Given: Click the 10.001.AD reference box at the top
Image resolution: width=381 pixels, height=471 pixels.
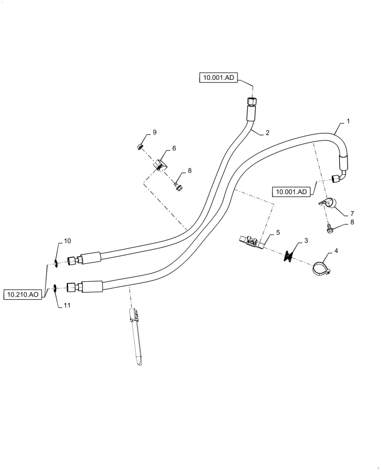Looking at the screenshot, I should [216, 78].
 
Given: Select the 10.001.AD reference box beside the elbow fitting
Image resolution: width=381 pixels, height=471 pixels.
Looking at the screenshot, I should [291, 192].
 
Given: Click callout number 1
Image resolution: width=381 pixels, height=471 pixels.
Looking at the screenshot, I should [348, 122].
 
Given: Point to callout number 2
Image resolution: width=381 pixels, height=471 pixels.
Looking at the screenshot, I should [267, 133].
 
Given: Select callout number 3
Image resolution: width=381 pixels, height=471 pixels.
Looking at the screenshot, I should [306, 241].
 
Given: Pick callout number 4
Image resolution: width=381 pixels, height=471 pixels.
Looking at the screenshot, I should [336, 252].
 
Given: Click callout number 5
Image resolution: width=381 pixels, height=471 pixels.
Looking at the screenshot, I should [278, 232].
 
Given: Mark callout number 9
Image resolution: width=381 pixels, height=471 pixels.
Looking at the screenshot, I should [154, 132].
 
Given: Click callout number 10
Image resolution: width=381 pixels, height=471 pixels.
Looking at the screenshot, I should [67, 241].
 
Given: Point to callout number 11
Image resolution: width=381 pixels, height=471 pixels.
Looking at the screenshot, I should [67, 305].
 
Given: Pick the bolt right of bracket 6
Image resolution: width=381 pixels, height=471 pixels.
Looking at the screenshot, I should [178, 187].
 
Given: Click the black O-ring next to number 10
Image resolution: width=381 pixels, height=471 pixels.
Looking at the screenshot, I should [56, 263].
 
